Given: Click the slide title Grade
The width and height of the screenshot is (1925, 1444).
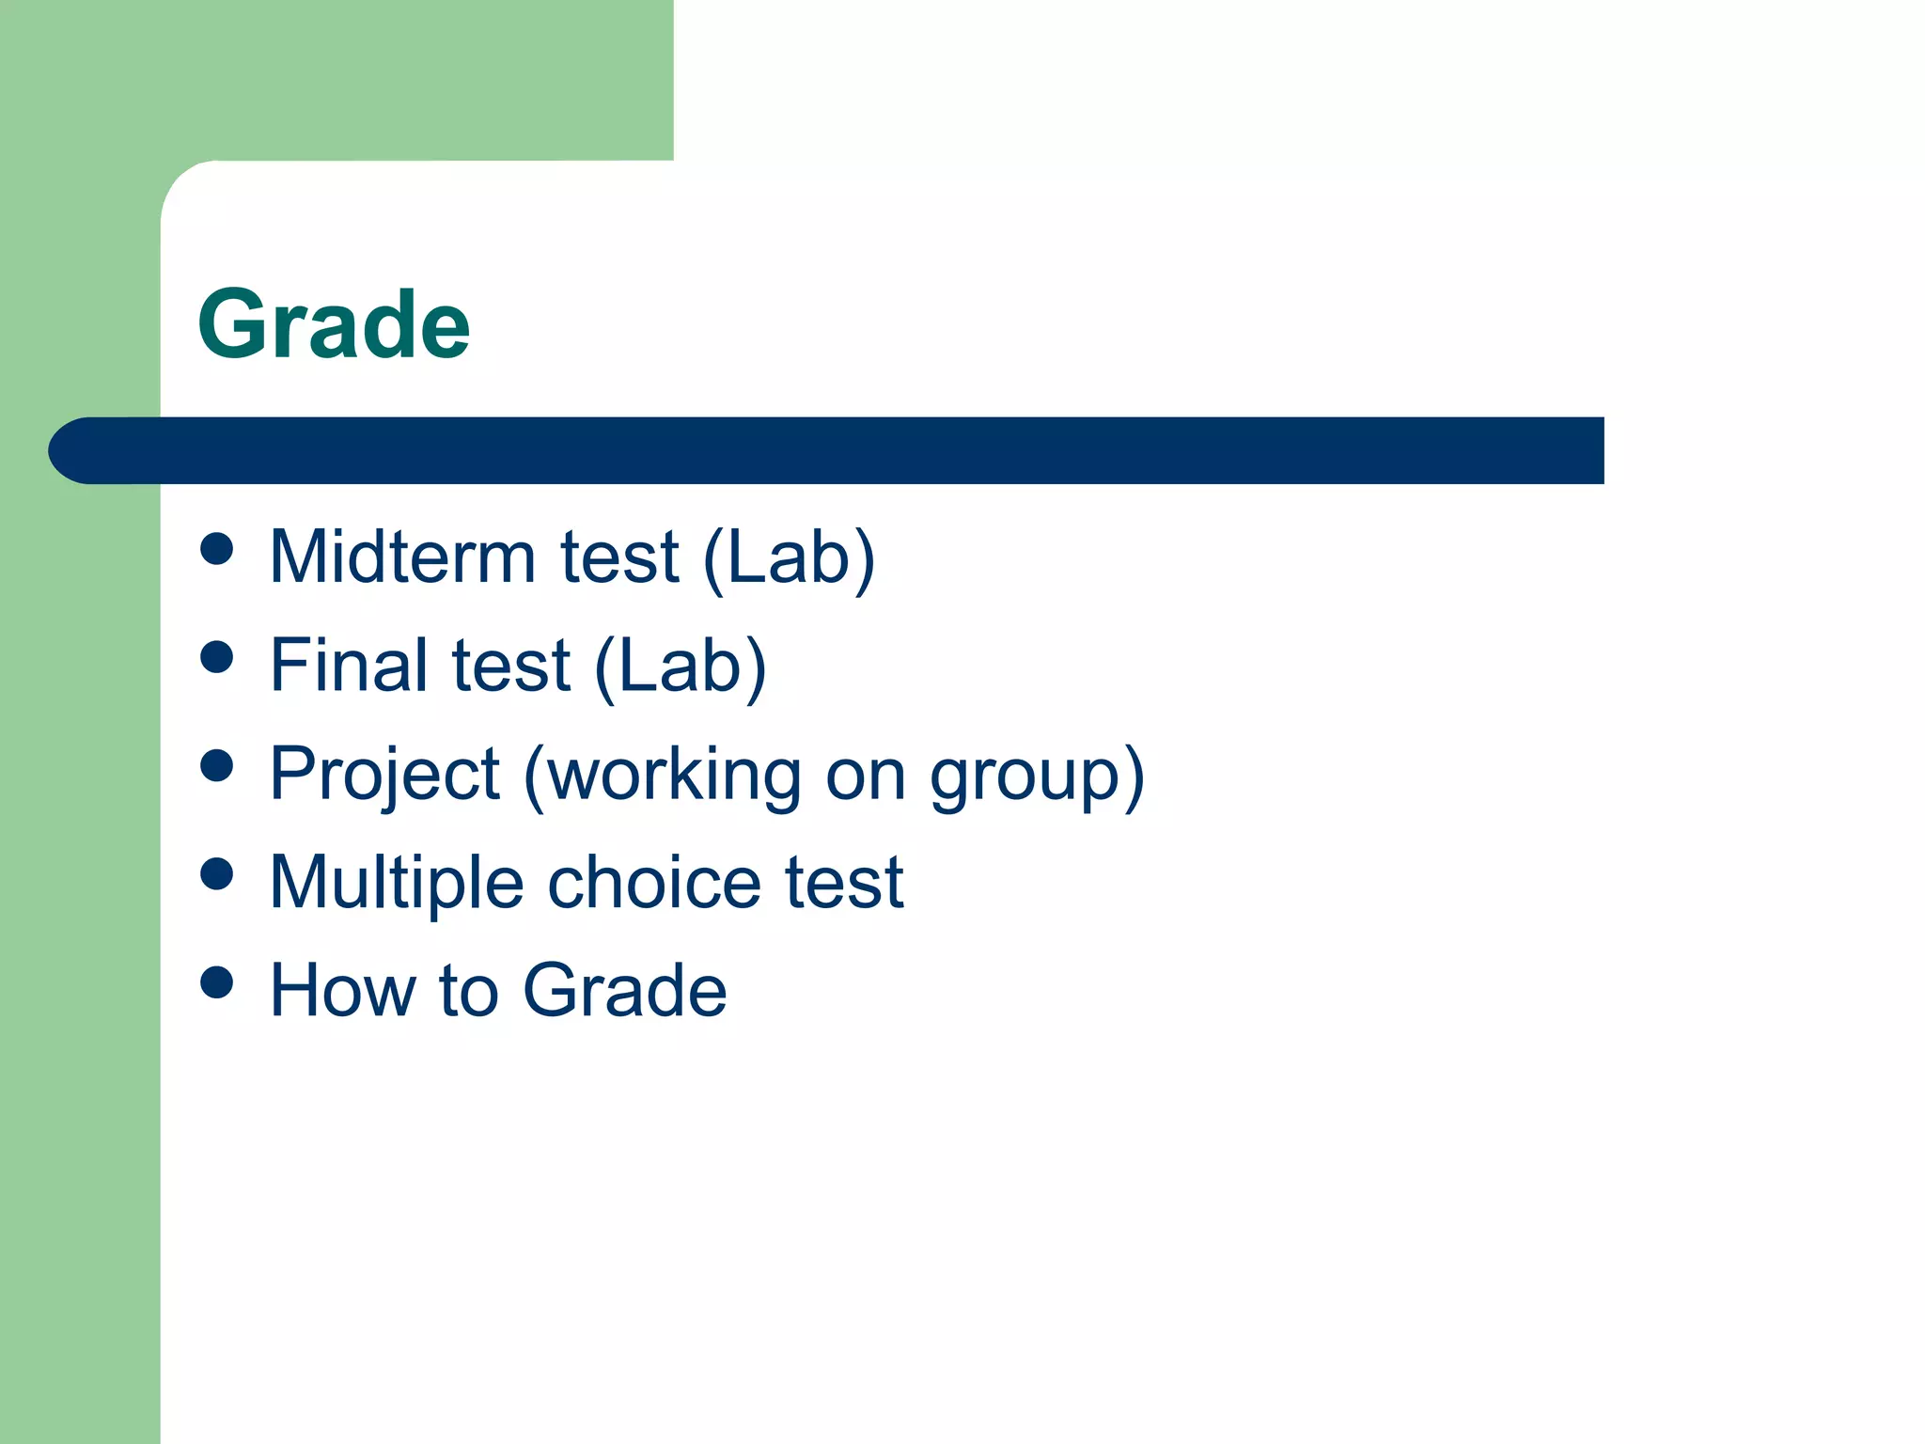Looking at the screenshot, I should click(334, 324).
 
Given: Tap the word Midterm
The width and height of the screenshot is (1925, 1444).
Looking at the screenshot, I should click(402, 557).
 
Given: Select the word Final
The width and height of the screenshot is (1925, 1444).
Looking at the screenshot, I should click(348, 666).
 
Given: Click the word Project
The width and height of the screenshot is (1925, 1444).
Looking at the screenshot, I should click(383, 775).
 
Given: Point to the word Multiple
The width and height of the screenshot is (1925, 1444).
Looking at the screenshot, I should click(396, 883).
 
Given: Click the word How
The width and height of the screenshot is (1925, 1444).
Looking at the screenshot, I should click(341, 991).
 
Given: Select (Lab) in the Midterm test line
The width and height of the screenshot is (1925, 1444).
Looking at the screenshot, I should click(789, 558).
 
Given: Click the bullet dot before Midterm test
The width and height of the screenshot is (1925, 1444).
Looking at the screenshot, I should click(217, 549).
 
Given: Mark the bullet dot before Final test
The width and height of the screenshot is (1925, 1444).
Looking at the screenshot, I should click(217, 657).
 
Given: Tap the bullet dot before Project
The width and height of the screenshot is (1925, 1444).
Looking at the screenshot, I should click(217, 765).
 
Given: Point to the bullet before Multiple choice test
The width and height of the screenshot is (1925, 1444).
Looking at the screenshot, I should click(217, 874).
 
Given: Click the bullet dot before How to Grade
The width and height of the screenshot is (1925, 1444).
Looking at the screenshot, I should click(217, 982).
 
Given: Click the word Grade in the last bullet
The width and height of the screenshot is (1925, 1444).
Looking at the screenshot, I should click(624, 991).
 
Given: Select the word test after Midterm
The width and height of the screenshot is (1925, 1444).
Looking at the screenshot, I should click(619, 557).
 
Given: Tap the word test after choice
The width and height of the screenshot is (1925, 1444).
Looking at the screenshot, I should click(844, 883).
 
